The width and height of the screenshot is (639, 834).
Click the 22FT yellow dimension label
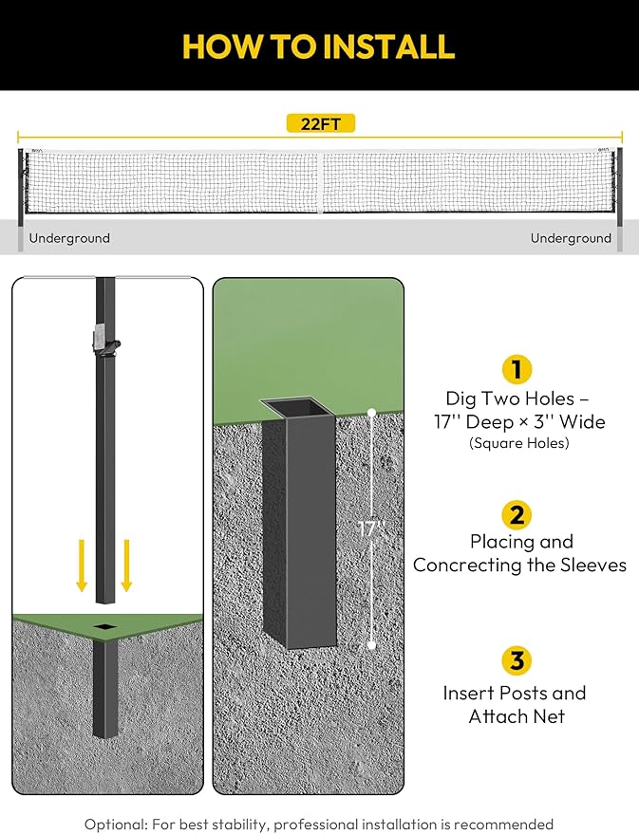[x=320, y=124]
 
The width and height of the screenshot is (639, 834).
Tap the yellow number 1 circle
[x=517, y=369]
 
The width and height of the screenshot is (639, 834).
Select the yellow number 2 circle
[x=517, y=515]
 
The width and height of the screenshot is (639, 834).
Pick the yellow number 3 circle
[x=517, y=660]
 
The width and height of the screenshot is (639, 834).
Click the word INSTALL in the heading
[x=389, y=46]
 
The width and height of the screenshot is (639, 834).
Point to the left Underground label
[x=69, y=238]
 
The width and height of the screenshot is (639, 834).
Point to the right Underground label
[x=571, y=238]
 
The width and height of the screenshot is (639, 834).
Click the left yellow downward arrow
[x=82, y=565]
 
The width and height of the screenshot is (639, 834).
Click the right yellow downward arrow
[x=126, y=565]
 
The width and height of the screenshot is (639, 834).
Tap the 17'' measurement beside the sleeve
[x=371, y=528]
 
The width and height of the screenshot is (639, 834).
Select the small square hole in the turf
[x=105, y=627]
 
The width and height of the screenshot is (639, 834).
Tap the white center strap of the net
[x=320, y=182]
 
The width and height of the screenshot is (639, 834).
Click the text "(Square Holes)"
[x=518, y=443]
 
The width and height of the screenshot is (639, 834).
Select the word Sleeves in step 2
[x=592, y=565]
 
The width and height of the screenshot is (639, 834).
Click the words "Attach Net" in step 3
[x=517, y=716]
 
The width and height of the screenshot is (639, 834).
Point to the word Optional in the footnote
[x=116, y=825]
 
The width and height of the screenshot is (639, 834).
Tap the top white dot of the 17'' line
[x=372, y=413]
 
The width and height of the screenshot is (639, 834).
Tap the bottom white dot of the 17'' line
[x=372, y=646]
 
